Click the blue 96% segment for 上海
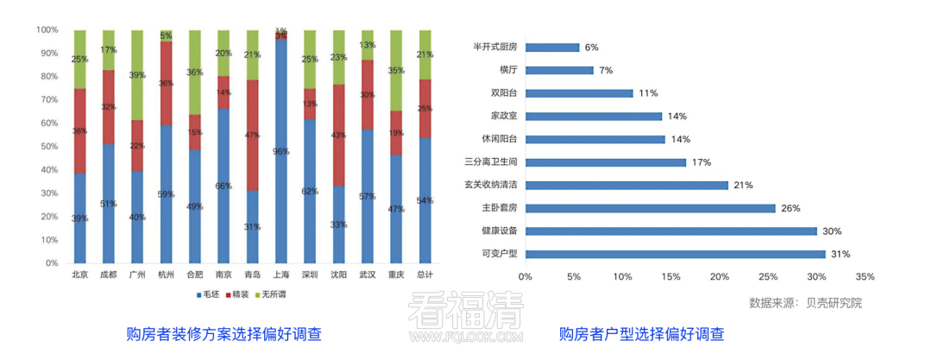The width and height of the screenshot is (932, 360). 281,151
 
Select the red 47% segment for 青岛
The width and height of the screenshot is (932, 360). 252,135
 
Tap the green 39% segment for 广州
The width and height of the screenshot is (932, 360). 137,75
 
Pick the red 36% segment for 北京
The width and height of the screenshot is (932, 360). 79,130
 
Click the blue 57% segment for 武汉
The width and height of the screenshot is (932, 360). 368,196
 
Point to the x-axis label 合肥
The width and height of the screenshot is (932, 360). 195,275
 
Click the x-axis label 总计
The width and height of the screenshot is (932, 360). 425,275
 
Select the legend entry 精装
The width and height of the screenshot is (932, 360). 238,295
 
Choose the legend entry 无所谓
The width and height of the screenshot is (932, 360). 275,295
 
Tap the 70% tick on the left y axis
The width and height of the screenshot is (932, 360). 47,99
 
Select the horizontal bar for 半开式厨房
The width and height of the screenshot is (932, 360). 552,47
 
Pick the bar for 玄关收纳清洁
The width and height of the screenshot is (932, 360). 627,185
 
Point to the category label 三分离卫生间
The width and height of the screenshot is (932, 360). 489,162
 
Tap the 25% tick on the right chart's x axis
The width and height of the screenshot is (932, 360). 768,277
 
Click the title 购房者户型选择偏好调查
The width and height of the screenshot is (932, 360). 641,334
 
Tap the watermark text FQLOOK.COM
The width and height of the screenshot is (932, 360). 467,338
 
